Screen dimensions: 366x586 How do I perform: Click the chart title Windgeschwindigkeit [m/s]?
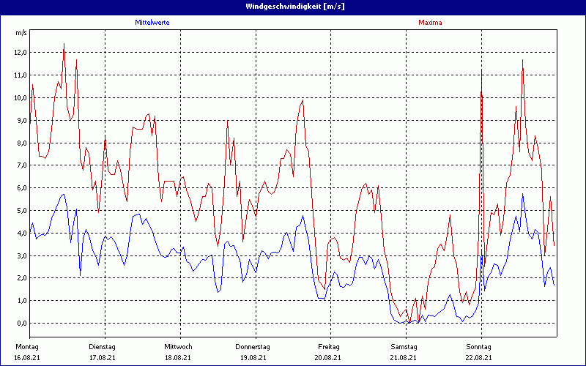coord(292,6)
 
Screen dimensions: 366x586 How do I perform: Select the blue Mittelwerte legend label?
coord(152,23)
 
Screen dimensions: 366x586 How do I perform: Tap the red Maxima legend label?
coord(430,23)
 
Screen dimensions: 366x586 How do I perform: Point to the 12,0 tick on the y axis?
coord(20,53)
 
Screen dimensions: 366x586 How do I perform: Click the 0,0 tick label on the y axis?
coord(21,323)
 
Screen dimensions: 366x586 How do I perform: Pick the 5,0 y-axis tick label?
coord(21,211)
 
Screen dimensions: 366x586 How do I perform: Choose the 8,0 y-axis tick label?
coord(21,143)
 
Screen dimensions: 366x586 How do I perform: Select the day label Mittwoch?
coord(178,346)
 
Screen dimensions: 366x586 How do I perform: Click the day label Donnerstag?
coord(253,346)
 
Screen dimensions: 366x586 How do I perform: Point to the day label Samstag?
coord(404,346)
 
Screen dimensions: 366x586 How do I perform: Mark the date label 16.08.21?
coord(28,357)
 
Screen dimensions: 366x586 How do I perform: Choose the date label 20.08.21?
coord(329,357)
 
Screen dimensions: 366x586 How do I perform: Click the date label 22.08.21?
coord(479,357)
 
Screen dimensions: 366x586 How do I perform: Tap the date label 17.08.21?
coord(103,357)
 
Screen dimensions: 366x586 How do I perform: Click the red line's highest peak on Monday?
coord(64,44)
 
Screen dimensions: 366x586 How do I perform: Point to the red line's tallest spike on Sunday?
coord(522,60)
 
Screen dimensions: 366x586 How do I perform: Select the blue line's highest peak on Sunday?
coord(522,195)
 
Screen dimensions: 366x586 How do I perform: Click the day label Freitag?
coord(329,346)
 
